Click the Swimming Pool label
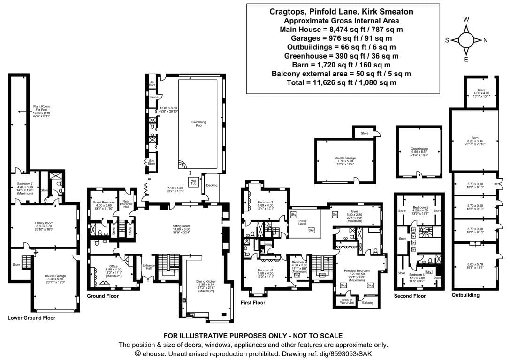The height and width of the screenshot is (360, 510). [x=198, y=124]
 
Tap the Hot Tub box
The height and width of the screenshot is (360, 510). [x=192, y=181]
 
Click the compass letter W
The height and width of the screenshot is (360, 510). [x=466, y=20]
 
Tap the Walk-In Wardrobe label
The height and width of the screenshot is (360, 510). [x=346, y=301]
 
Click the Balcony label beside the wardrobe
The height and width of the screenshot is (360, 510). [x=368, y=303]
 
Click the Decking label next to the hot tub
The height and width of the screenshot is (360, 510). [x=212, y=185]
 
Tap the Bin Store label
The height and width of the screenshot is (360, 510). [x=152, y=162]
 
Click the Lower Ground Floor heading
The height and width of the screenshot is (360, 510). [x=31, y=317]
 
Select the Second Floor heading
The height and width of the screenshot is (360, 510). [x=410, y=296]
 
